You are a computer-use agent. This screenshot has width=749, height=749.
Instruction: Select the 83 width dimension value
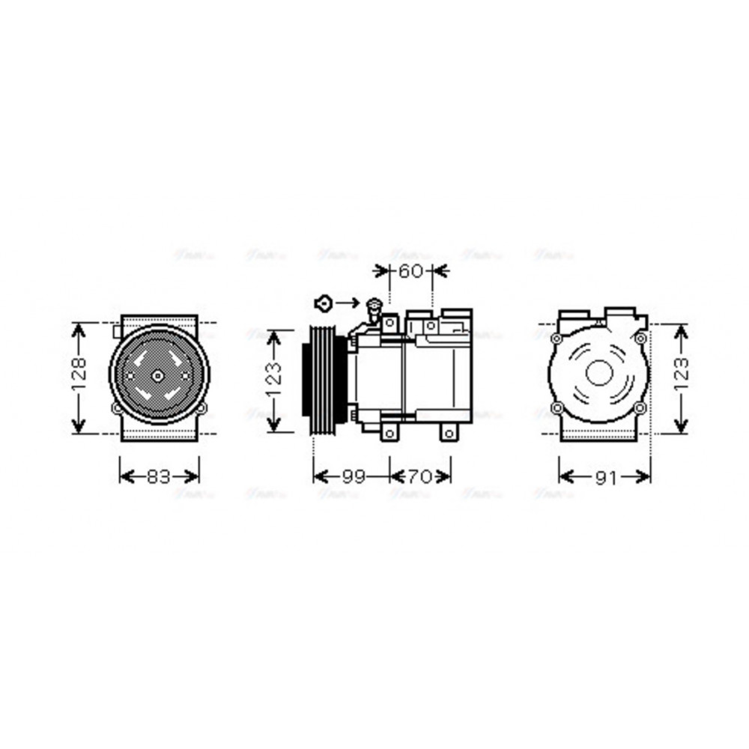pos(159,476)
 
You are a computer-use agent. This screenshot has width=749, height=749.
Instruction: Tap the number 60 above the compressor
pos(410,271)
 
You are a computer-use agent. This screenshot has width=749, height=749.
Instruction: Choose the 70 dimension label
pos(420,476)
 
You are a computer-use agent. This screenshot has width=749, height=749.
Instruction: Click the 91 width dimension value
pos(605,477)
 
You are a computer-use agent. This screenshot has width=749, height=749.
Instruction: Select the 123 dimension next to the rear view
pos(680,378)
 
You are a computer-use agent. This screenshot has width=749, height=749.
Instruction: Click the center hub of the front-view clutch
pos(157,374)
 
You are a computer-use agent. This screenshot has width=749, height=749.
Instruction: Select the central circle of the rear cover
pos(598,373)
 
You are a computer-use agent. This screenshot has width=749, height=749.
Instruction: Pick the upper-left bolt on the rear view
pos(556,339)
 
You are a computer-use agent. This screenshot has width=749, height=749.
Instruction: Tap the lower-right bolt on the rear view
pos(639,408)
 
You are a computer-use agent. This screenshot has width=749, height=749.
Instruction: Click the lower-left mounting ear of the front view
pos(115,409)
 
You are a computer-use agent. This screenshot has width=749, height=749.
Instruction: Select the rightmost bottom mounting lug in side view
pos(447,434)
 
